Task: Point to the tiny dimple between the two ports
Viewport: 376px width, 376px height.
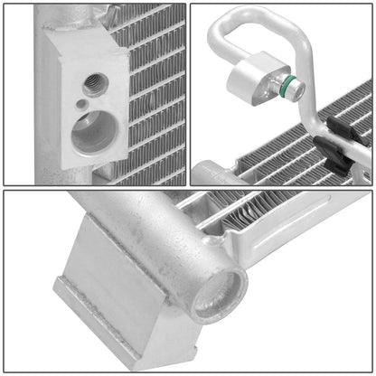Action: coord(82,105)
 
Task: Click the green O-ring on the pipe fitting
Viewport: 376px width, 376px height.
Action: coord(285,87)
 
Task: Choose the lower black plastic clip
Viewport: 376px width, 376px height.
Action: coord(336,163)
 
